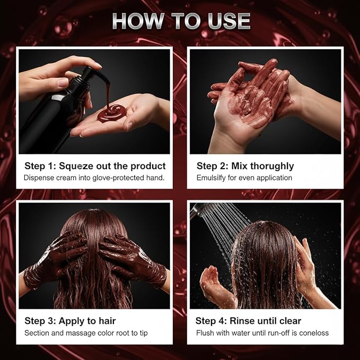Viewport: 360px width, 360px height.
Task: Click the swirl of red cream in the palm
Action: pyautogui.click(x=112, y=113)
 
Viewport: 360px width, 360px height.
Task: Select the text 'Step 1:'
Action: pyautogui.click(x=40, y=166)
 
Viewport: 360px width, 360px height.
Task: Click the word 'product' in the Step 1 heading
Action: pyautogui.click(x=148, y=166)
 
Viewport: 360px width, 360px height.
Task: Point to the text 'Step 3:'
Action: pyautogui.click(x=40, y=321)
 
